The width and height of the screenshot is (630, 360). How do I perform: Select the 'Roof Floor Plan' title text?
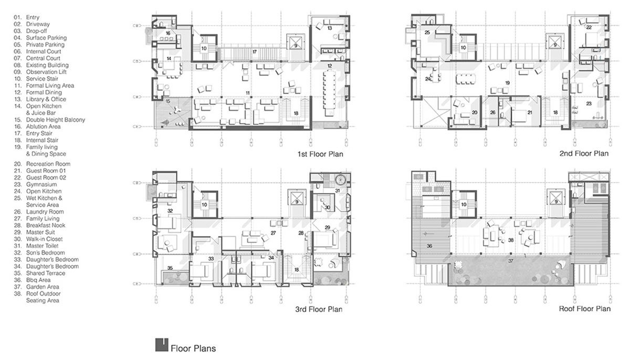pos(585,309)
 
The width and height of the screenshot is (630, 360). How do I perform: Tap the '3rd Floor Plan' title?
pos(319,309)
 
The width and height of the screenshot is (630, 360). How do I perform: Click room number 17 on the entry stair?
pos(254,52)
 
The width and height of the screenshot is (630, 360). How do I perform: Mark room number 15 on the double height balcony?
pos(168,100)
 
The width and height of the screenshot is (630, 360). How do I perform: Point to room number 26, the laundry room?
pos(492,112)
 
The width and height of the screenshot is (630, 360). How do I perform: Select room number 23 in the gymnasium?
pos(588,104)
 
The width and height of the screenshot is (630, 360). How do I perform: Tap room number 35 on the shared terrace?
pos(169,268)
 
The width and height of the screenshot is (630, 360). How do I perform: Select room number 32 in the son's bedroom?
pos(170,210)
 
